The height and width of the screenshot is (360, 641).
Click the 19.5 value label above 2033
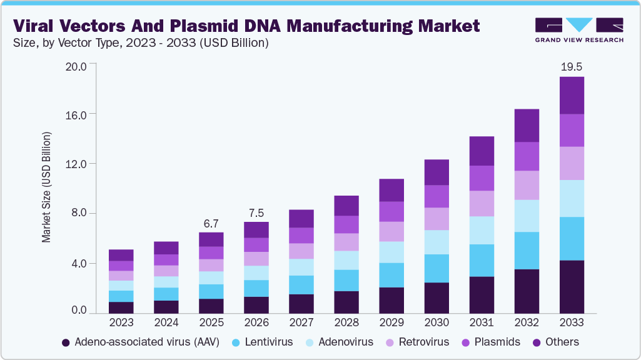[x=571, y=66]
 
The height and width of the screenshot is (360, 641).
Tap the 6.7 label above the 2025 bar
[x=211, y=223]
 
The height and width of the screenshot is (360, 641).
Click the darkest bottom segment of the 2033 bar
[x=571, y=286]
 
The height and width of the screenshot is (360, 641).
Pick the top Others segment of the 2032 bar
[x=526, y=126]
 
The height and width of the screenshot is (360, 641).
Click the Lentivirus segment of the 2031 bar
[x=481, y=261]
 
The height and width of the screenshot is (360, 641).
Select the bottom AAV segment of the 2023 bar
[x=121, y=307]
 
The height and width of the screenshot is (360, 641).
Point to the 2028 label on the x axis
[x=346, y=323]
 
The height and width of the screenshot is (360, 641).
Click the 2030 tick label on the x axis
[x=436, y=323]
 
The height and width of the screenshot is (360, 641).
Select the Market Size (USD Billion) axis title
[x=46, y=187]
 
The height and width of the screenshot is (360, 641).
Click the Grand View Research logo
[x=578, y=30]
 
